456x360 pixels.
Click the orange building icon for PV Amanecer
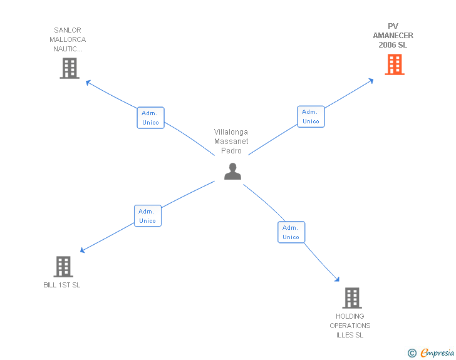(x=394, y=64)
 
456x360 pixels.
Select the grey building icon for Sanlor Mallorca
(x=70, y=68)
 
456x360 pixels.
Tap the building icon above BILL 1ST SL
(x=63, y=267)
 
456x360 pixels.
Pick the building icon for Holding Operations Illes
(x=352, y=298)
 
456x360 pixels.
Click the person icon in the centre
(x=232, y=171)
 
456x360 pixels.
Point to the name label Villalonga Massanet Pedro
(x=231, y=141)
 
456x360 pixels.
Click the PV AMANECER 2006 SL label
(x=393, y=36)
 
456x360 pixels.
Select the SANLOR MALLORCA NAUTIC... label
(x=68, y=39)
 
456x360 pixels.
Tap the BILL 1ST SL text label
(x=62, y=285)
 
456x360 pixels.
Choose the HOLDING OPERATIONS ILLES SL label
(x=350, y=326)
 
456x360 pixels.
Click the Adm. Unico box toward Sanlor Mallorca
(x=150, y=118)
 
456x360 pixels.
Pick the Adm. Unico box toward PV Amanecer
(x=311, y=116)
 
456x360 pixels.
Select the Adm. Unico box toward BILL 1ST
(x=148, y=216)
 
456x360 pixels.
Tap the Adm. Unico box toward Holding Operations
(x=291, y=232)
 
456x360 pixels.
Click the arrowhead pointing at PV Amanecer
(x=371, y=80)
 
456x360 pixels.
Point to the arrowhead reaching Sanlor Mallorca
(x=88, y=82)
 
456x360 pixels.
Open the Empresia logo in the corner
(x=437, y=353)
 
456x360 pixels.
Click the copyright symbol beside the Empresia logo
(x=412, y=353)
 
